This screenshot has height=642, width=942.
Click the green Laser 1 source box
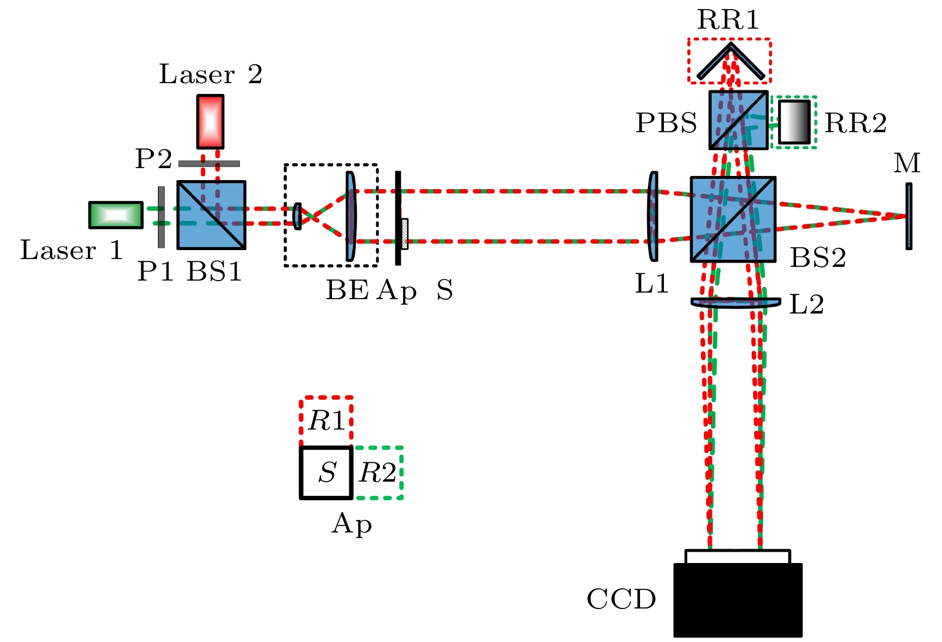pyautogui.click(x=116, y=215)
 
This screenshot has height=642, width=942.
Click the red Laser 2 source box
pyautogui.click(x=211, y=122)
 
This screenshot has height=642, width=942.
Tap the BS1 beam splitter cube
pyautogui.click(x=211, y=215)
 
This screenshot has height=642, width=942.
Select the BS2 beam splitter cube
pyautogui.click(x=733, y=219)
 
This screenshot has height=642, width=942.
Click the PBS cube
pyautogui.click(x=738, y=120)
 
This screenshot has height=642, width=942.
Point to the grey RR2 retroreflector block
pyautogui.click(x=794, y=122)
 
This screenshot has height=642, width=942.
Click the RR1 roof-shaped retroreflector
pyautogui.click(x=730, y=60)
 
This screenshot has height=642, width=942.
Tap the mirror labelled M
pyautogui.click(x=909, y=216)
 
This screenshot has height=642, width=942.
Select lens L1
pyautogui.click(x=653, y=216)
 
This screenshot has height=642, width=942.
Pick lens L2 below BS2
pyautogui.click(x=736, y=303)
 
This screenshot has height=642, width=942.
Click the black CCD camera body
pyautogui.click(x=737, y=600)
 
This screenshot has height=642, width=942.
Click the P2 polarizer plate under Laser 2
pyautogui.click(x=209, y=163)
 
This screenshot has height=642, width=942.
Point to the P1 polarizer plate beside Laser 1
pyautogui.click(x=161, y=217)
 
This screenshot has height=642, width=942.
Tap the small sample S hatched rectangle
pyautogui.click(x=405, y=233)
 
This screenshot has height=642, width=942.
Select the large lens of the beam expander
pyautogui.click(x=350, y=217)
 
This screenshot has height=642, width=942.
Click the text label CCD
pyautogui.click(x=621, y=600)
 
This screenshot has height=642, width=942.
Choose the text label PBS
pyautogui.click(x=666, y=123)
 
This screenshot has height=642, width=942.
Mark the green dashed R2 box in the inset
pyautogui.click(x=378, y=473)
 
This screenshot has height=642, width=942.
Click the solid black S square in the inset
pyautogui.click(x=326, y=473)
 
